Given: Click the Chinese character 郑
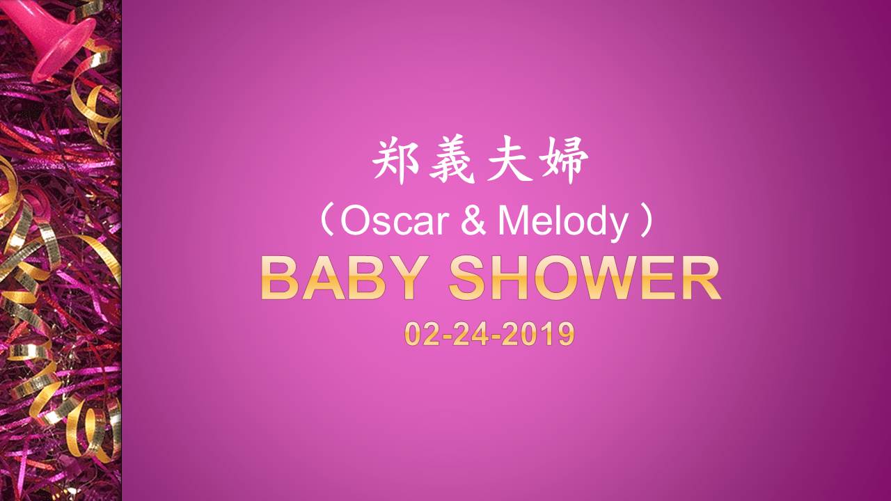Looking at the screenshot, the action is (x=395, y=161).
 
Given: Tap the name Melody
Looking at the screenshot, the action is (x=563, y=223).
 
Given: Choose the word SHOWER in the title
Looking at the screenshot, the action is (x=585, y=278).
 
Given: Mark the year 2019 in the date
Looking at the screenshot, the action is (x=538, y=334).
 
